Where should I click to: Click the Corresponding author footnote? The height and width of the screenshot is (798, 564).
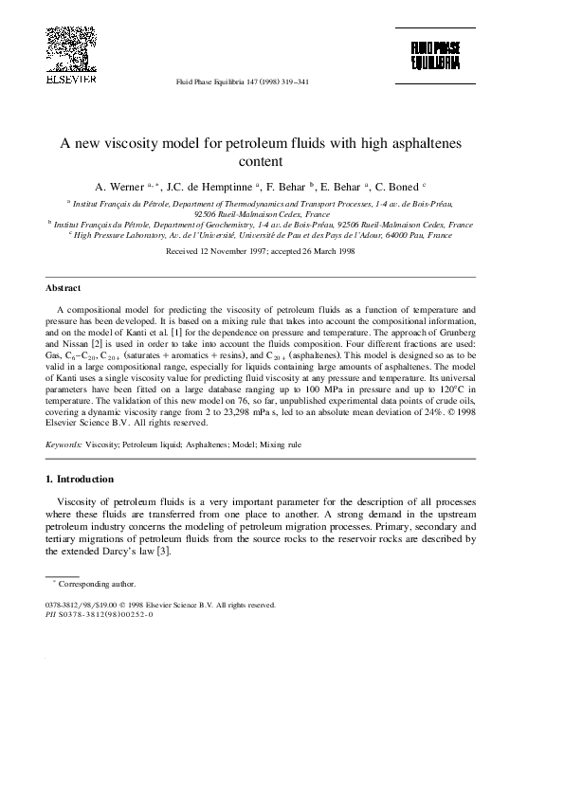pyautogui.click(x=90, y=585)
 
